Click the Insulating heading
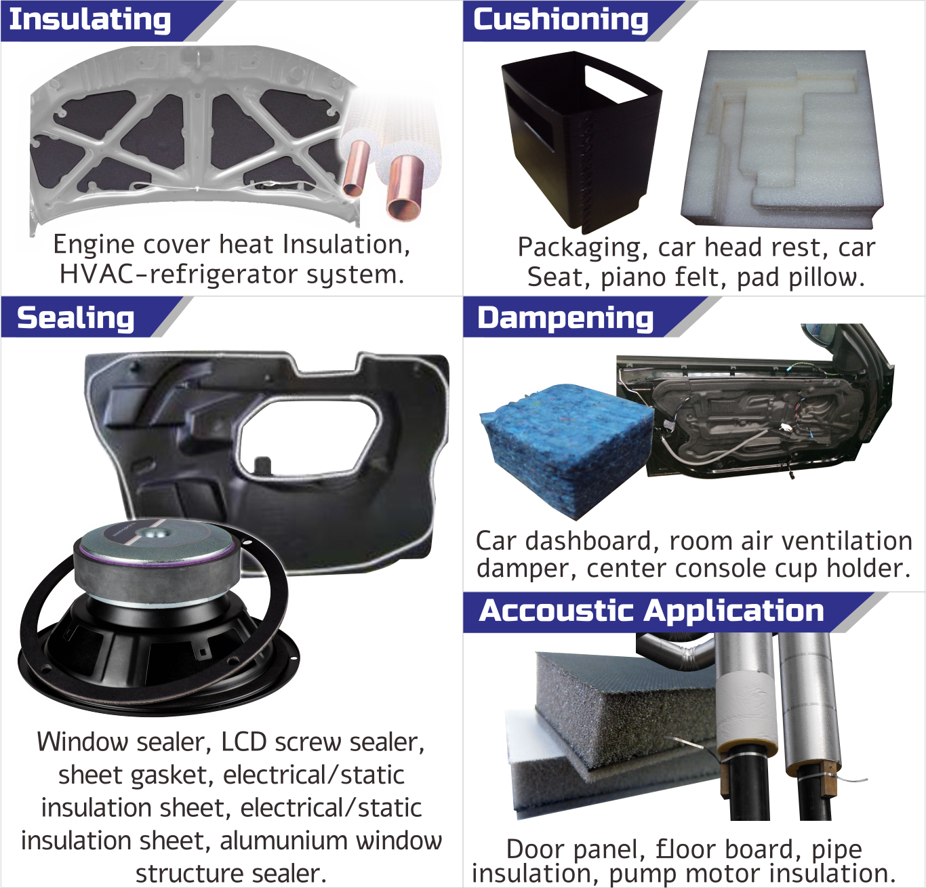point(90,20)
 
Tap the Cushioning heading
point(561,20)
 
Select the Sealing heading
point(76,318)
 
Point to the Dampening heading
point(565,319)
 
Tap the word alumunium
point(284,841)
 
